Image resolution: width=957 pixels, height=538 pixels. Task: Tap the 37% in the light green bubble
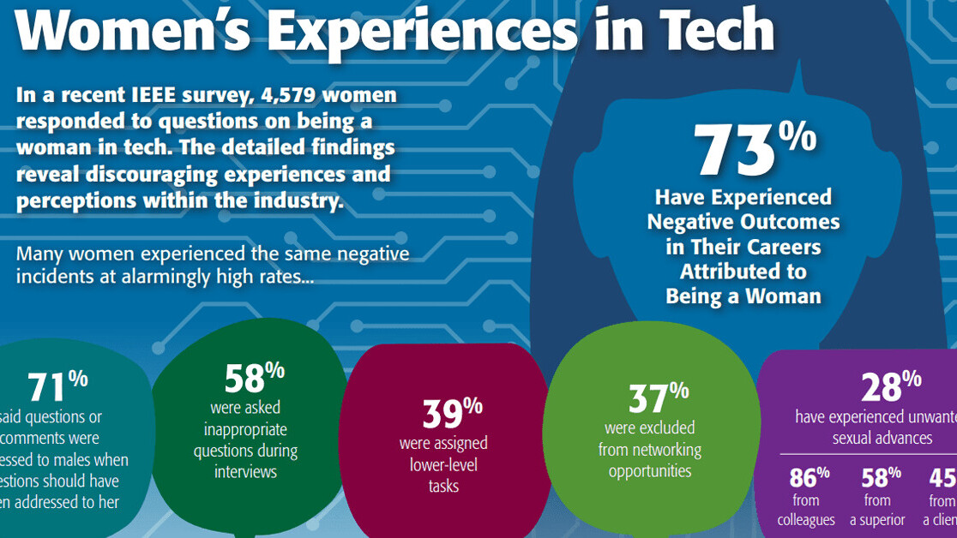[658, 398]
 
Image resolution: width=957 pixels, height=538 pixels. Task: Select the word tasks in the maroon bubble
[443, 487]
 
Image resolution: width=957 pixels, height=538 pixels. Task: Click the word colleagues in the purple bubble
[805, 520]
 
